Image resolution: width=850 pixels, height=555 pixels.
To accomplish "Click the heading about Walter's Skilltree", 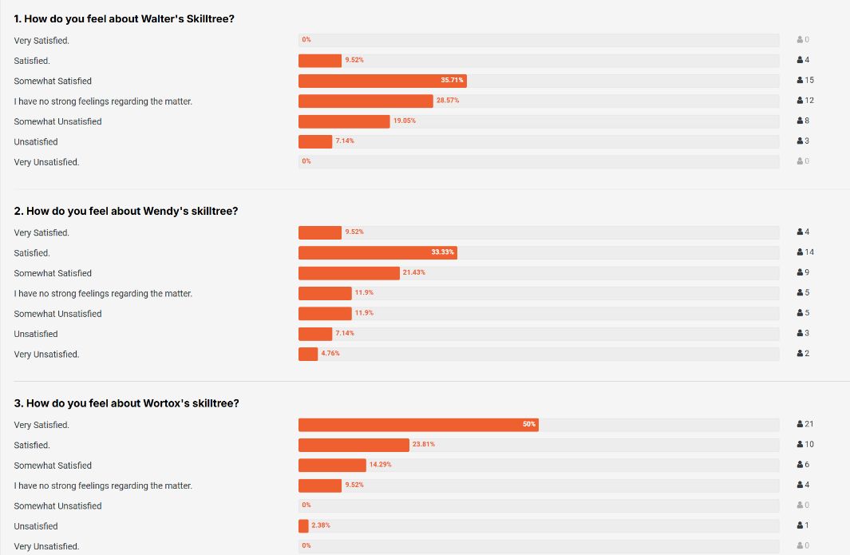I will click(124, 18).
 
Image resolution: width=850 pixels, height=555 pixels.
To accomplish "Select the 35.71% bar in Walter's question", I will click(382, 81).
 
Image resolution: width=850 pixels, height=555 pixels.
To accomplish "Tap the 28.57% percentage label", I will click(447, 101).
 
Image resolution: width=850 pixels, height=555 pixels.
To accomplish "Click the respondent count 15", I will click(809, 81).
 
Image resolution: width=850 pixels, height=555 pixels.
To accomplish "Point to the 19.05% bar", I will click(344, 121).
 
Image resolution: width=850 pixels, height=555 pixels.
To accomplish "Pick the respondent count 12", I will click(809, 101).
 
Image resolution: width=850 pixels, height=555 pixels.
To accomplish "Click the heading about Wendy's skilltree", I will click(126, 211).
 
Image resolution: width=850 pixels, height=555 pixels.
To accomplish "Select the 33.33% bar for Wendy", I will click(378, 252).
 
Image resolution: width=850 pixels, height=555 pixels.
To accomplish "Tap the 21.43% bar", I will click(349, 273).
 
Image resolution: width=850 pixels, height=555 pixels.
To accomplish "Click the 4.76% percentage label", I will click(330, 354).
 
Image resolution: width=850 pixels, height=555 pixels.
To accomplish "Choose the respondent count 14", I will click(809, 252).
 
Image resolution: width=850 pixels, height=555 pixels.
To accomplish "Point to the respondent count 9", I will click(807, 273).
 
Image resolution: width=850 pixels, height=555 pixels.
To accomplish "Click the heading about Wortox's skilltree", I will click(126, 403).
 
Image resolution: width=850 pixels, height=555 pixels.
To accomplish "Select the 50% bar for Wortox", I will click(418, 425).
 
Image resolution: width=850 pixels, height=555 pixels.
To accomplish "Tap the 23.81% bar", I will click(354, 445).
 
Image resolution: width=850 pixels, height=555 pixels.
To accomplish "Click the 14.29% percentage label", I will click(380, 465).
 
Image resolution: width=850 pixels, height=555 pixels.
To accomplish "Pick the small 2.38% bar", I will click(303, 526).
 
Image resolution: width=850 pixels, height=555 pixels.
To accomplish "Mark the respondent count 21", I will click(809, 424).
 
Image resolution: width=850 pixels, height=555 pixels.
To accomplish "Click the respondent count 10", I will click(809, 445).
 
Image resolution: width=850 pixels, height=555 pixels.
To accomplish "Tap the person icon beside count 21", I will click(800, 424).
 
